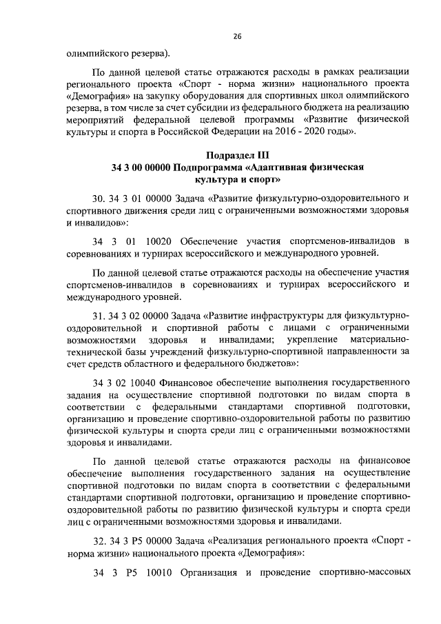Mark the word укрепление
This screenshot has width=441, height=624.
pos(309,341)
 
